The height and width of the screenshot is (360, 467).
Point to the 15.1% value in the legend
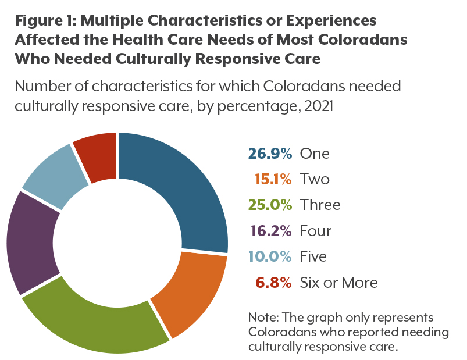coord(273,179)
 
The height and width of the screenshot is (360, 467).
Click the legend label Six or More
coord(338,283)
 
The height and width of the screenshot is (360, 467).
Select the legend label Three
coord(320,205)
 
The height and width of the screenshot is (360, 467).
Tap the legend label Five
coord(313,256)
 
